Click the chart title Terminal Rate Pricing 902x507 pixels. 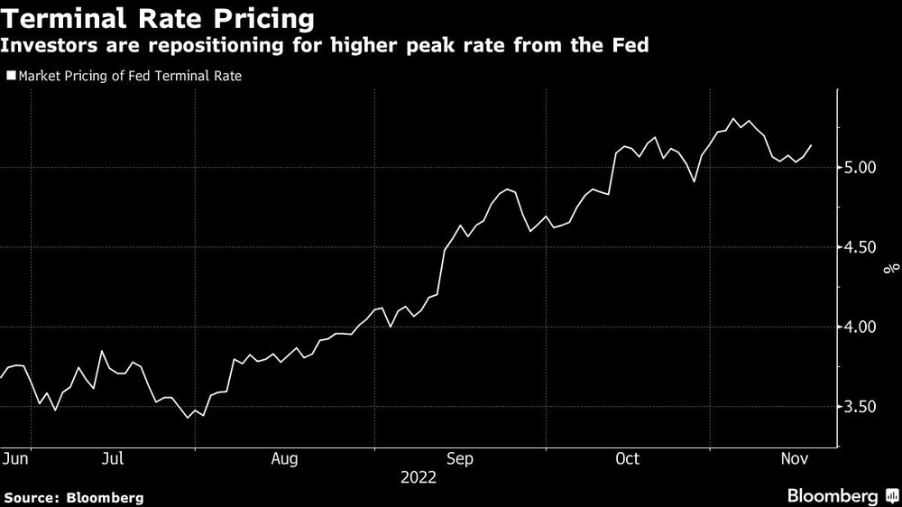(159, 18)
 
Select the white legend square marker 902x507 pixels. (11, 77)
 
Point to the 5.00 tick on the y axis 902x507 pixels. (862, 168)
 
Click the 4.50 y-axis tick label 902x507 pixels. (862, 247)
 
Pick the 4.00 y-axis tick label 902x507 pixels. (862, 327)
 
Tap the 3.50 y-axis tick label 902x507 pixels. (862, 407)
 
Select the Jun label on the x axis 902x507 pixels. (15, 459)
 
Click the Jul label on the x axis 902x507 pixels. (113, 459)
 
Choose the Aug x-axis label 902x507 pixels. (284, 459)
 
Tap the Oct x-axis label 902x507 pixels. (627, 459)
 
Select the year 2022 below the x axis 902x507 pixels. (418, 478)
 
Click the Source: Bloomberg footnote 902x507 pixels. (73, 497)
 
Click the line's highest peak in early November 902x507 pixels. (734, 119)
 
